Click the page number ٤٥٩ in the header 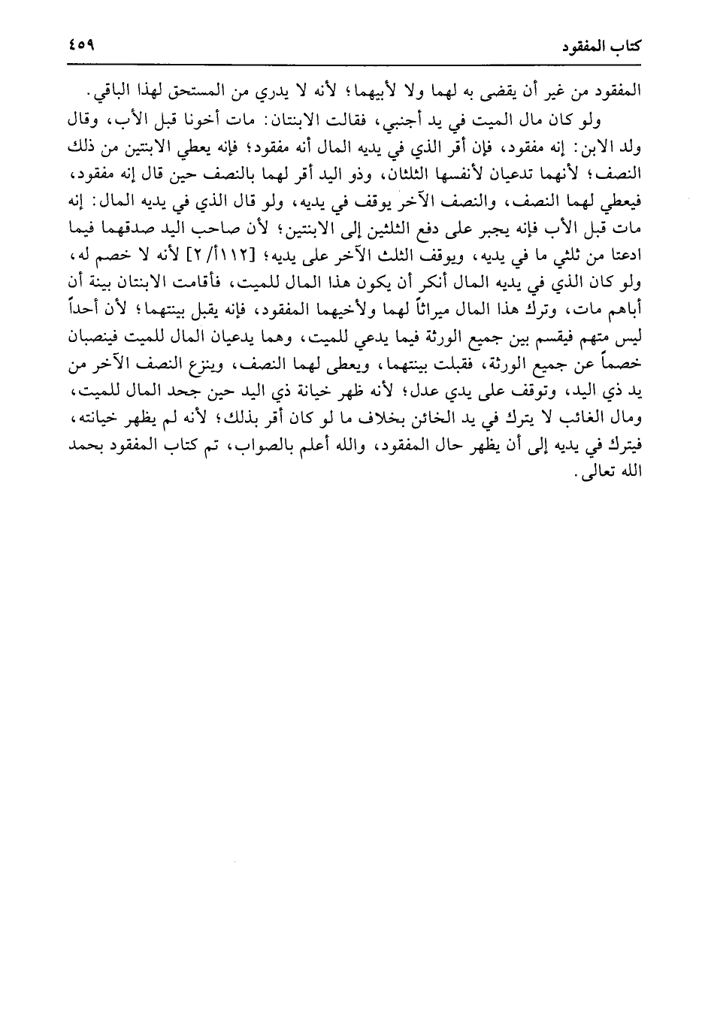coord(80,46)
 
